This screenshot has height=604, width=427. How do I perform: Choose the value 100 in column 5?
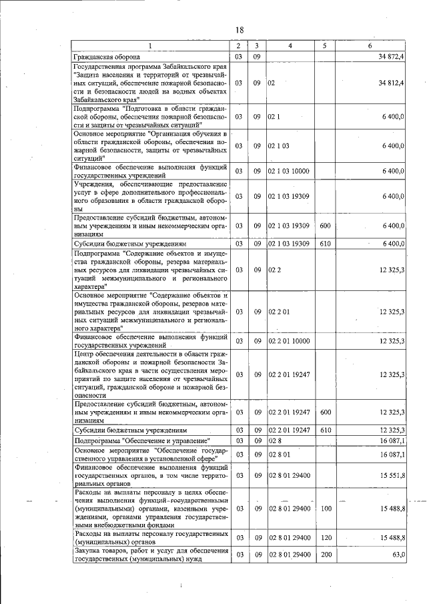point(325,509)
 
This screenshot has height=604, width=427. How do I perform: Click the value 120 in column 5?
point(325,537)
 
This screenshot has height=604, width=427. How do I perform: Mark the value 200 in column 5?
point(325,555)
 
